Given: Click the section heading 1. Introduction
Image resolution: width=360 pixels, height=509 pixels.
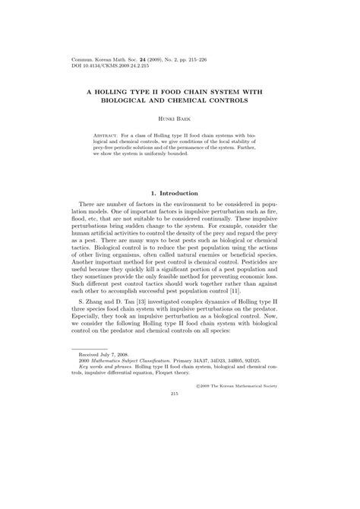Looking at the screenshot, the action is point(179,193).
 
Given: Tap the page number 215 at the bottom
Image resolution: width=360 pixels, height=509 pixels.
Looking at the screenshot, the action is point(179,479).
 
